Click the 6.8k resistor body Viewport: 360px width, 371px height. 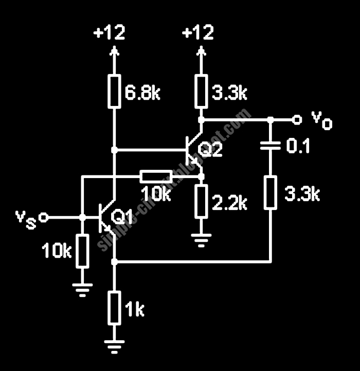pyautogui.click(x=114, y=91)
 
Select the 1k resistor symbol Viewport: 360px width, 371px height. pyautogui.click(x=114, y=307)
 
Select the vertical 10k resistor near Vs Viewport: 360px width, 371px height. pyautogui.click(x=82, y=252)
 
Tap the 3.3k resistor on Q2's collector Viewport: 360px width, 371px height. pyautogui.click(x=201, y=91)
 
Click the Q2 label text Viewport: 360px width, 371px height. pyautogui.click(x=211, y=150)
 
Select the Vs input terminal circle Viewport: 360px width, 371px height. pyautogui.click(x=44, y=217)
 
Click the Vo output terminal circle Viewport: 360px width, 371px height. pyautogui.click(x=296, y=119)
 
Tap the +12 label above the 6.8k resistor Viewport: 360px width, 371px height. pyautogui.click(x=109, y=33)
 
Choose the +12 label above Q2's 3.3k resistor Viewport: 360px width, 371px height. pyautogui.click(x=198, y=33)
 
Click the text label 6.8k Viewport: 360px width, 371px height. pyautogui.click(x=143, y=94)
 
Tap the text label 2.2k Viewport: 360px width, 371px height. pyautogui.click(x=230, y=203)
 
